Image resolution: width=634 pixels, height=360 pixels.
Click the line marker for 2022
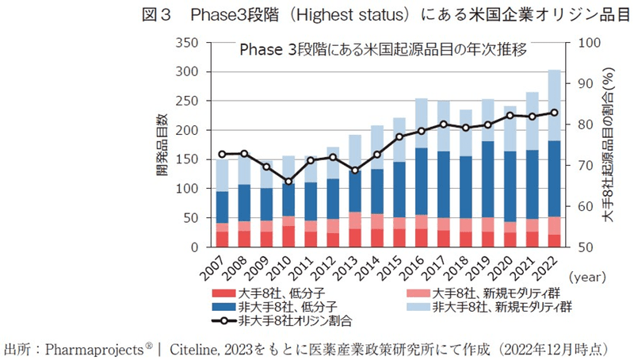pos(554,113)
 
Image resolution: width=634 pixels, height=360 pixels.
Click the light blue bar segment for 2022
pos(554,105)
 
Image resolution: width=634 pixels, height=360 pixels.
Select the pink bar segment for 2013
pos(355,220)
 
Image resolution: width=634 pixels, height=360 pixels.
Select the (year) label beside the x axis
pos(591,278)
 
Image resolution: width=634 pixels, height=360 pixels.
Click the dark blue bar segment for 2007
pos(223,207)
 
